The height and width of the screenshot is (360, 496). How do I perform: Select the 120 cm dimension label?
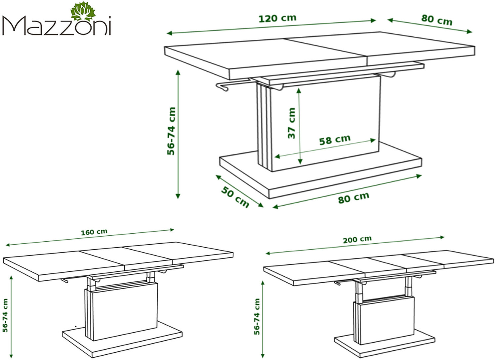point(277,19)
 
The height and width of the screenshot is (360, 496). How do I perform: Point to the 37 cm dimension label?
point(292,123)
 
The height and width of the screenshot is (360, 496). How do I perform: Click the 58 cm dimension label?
point(335,140)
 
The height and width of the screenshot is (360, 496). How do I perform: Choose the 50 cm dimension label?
point(235,197)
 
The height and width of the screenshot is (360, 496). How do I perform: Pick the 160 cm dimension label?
point(94,232)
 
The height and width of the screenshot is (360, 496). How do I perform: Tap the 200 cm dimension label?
point(357,240)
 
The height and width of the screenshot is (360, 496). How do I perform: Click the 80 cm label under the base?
point(354,198)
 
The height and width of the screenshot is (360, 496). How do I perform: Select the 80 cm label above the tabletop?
point(437,20)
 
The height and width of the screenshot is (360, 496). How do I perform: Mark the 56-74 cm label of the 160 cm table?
point(5,315)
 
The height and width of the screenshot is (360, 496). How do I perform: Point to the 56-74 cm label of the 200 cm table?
point(257,317)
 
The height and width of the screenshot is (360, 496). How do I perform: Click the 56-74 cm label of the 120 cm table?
point(171,131)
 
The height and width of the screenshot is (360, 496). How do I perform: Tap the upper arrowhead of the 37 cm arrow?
point(299,91)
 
